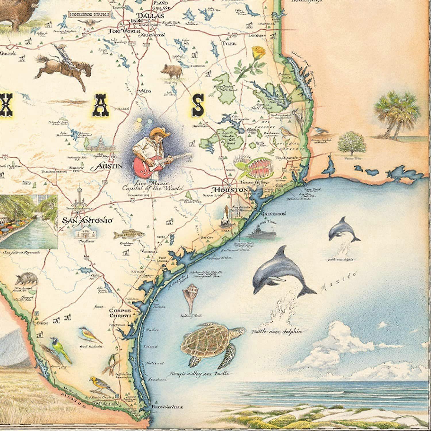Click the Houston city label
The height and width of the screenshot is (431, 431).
[x=229, y=190]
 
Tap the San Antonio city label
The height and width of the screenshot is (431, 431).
[x=87, y=221]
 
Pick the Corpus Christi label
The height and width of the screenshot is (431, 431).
[x=120, y=313]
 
